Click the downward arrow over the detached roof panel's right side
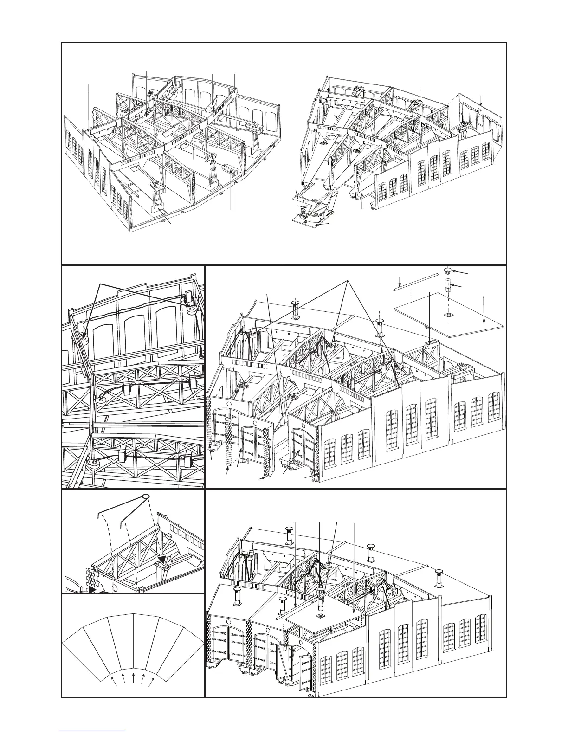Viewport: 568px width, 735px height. pyautogui.click(x=484, y=309)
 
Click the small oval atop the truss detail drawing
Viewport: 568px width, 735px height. pyautogui.click(x=146, y=496)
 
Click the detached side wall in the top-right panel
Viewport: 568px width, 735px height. pyautogui.click(x=478, y=125)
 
